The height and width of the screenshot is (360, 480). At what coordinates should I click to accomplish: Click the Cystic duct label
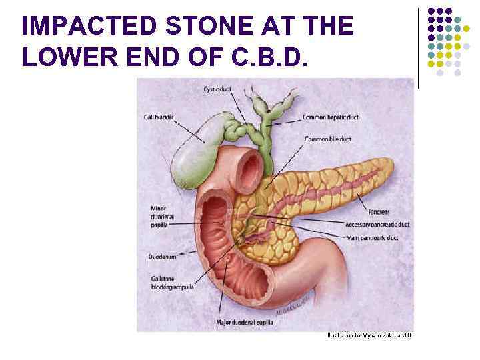pyautogui.click(x=218, y=89)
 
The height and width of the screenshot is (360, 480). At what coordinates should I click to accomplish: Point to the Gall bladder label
pyautogui.click(x=159, y=117)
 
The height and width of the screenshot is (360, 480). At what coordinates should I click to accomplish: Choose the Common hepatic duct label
pyautogui.click(x=331, y=117)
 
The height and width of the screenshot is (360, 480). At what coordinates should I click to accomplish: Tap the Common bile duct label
pyautogui.click(x=328, y=139)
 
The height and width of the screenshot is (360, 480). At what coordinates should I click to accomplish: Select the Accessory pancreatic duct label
pyautogui.click(x=377, y=224)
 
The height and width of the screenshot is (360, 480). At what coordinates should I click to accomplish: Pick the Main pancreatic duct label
pyautogui.click(x=373, y=237)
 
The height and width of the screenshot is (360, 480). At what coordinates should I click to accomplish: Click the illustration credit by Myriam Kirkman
pyautogui.click(x=369, y=335)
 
